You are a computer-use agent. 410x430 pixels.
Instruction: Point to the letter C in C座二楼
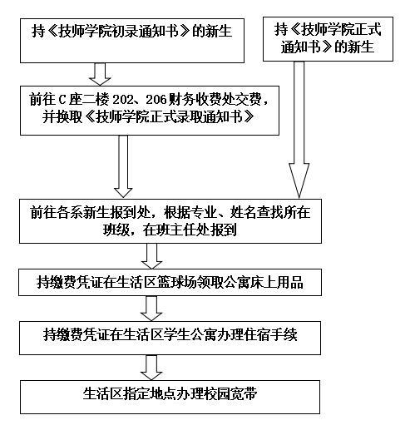(x=62, y=100)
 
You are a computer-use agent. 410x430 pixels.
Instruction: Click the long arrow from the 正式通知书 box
(x=299, y=130)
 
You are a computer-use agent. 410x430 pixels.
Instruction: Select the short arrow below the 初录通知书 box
(x=100, y=74)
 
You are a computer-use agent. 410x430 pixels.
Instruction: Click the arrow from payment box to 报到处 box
(x=123, y=166)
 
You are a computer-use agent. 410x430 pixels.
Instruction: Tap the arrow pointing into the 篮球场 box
(x=151, y=256)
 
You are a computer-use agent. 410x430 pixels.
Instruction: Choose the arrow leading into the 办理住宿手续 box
(x=151, y=309)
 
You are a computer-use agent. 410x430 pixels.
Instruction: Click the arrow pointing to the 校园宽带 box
(x=151, y=368)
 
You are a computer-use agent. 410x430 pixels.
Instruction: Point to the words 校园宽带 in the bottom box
(x=230, y=393)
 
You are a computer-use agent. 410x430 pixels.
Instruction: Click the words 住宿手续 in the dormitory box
(x=271, y=334)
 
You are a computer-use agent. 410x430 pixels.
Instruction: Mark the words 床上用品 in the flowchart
(x=277, y=282)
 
